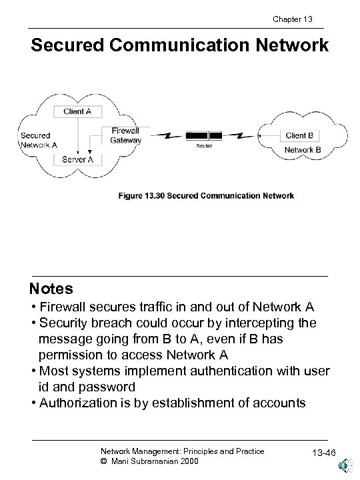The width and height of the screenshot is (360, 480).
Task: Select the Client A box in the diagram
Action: click(x=78, y=111)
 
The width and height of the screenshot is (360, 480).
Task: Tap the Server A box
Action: click(x=78, y=159)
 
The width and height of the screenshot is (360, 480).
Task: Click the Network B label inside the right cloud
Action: click(x=303, y=150)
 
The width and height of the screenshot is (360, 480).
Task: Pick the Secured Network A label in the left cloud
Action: click(x=39, y=140)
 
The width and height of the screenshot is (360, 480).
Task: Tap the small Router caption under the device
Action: click(x=204, y=146)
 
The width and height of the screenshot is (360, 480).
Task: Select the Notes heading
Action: click(x=51, y=289)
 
